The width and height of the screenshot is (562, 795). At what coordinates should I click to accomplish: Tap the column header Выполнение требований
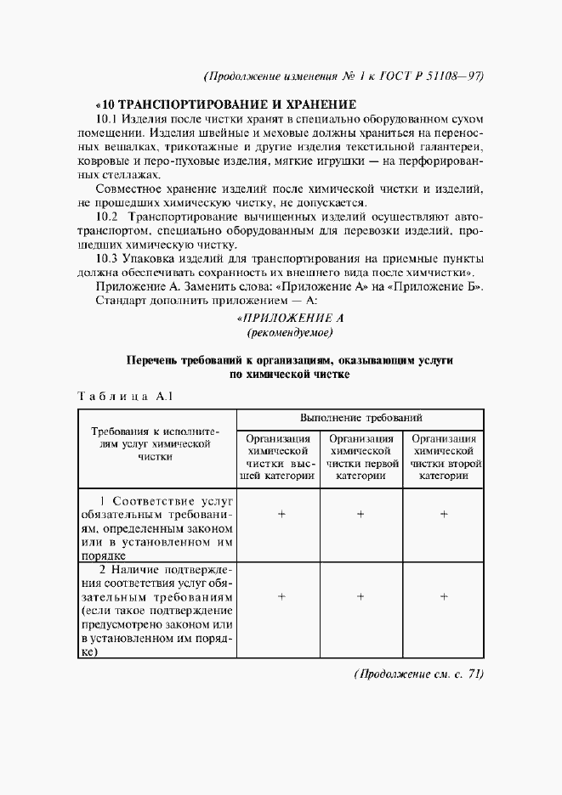(360, 419)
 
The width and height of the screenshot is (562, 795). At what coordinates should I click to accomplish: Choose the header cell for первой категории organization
(360, 457)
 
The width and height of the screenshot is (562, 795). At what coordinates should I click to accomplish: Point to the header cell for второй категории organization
(443, 457)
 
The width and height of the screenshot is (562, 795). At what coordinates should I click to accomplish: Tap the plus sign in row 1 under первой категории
(360, 514)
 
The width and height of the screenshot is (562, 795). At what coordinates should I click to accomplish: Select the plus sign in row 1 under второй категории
(443, 514)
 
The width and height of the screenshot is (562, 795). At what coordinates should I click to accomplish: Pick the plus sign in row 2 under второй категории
(443, 597)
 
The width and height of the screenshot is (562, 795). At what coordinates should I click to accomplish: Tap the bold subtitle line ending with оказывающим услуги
(289, 360)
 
